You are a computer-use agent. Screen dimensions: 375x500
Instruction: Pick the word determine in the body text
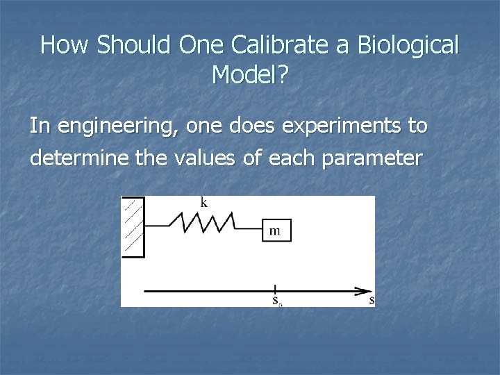pos(73,159)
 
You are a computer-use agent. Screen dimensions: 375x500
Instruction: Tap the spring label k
pos(203,203)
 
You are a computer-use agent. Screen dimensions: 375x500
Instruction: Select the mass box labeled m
pos(276,231)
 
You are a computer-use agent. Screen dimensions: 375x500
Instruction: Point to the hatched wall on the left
pos(133,226)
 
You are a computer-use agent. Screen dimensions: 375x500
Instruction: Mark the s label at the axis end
pos(372,301)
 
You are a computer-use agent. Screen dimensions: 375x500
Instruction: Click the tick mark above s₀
pos(276,289)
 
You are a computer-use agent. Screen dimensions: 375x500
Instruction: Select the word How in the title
pos(66,45)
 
